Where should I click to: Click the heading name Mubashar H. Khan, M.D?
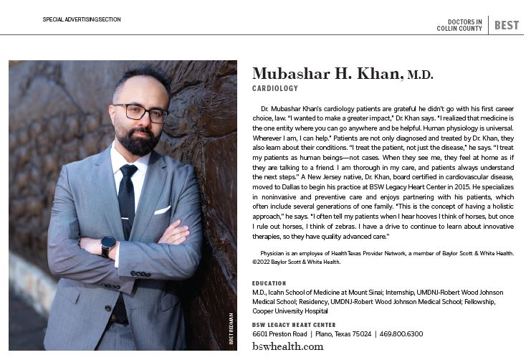pyautogui.click(x=343, y=74)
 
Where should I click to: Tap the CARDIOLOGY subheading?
pyautogui.click(x=275, y=88)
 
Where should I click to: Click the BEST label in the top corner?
pyautogui.click(x=507, y=25)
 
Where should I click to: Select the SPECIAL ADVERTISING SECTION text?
pyautogui.click(x=82, y=19)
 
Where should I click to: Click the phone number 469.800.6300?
pyautogui.click(x=402, y=334)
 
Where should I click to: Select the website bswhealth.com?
pyautogui.click(x=287, y=346)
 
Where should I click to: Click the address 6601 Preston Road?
pyautogui.click(x=279, y=334)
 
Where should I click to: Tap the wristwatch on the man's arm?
pyautogui.click(x=108, y=246)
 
